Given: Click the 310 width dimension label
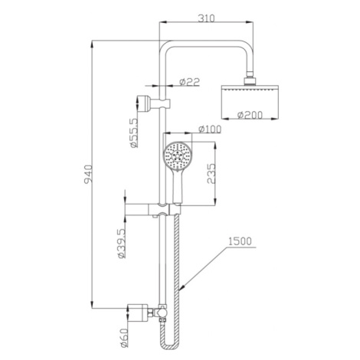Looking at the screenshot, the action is tap(207, 18).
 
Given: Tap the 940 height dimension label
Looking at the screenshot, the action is tap(88, 175).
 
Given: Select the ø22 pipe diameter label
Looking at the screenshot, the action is tap(189, 82).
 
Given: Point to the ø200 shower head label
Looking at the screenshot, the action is tap(250, 115).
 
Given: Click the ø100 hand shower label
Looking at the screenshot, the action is tap(210, 129).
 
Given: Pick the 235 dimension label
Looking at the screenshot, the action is tap(211, 174).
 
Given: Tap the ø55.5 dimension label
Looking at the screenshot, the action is tap(134, 133).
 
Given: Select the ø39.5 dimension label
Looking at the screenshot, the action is tap(122, 244).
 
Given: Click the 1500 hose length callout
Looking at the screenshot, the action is tap(240, 241).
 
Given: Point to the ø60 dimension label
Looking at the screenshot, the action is tap(124, 338).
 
